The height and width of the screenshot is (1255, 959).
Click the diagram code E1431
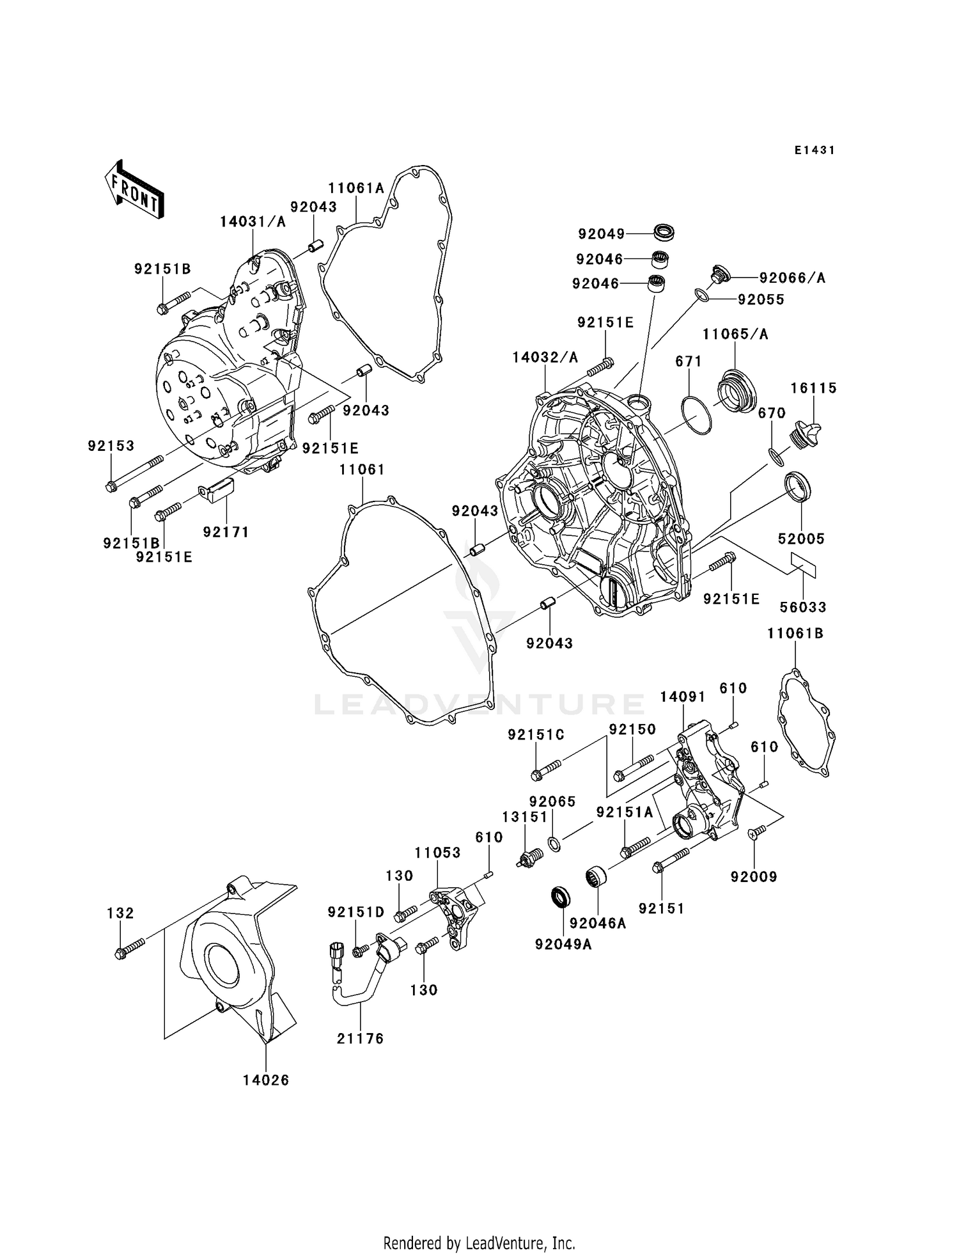click(x=815, y=150)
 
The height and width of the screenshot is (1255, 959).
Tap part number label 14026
click(x=266, y=1080)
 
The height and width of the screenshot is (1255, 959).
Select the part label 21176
click(x=361, y=1039)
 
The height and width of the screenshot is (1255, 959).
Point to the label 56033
click(x=802, y=607)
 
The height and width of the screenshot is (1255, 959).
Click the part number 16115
click(x=813, y=388)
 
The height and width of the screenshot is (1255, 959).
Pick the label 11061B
click(x=795, y=633)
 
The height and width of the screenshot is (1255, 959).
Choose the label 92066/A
click(x=792, y=278)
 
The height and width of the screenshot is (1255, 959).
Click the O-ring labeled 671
click(x=696, y=415)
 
